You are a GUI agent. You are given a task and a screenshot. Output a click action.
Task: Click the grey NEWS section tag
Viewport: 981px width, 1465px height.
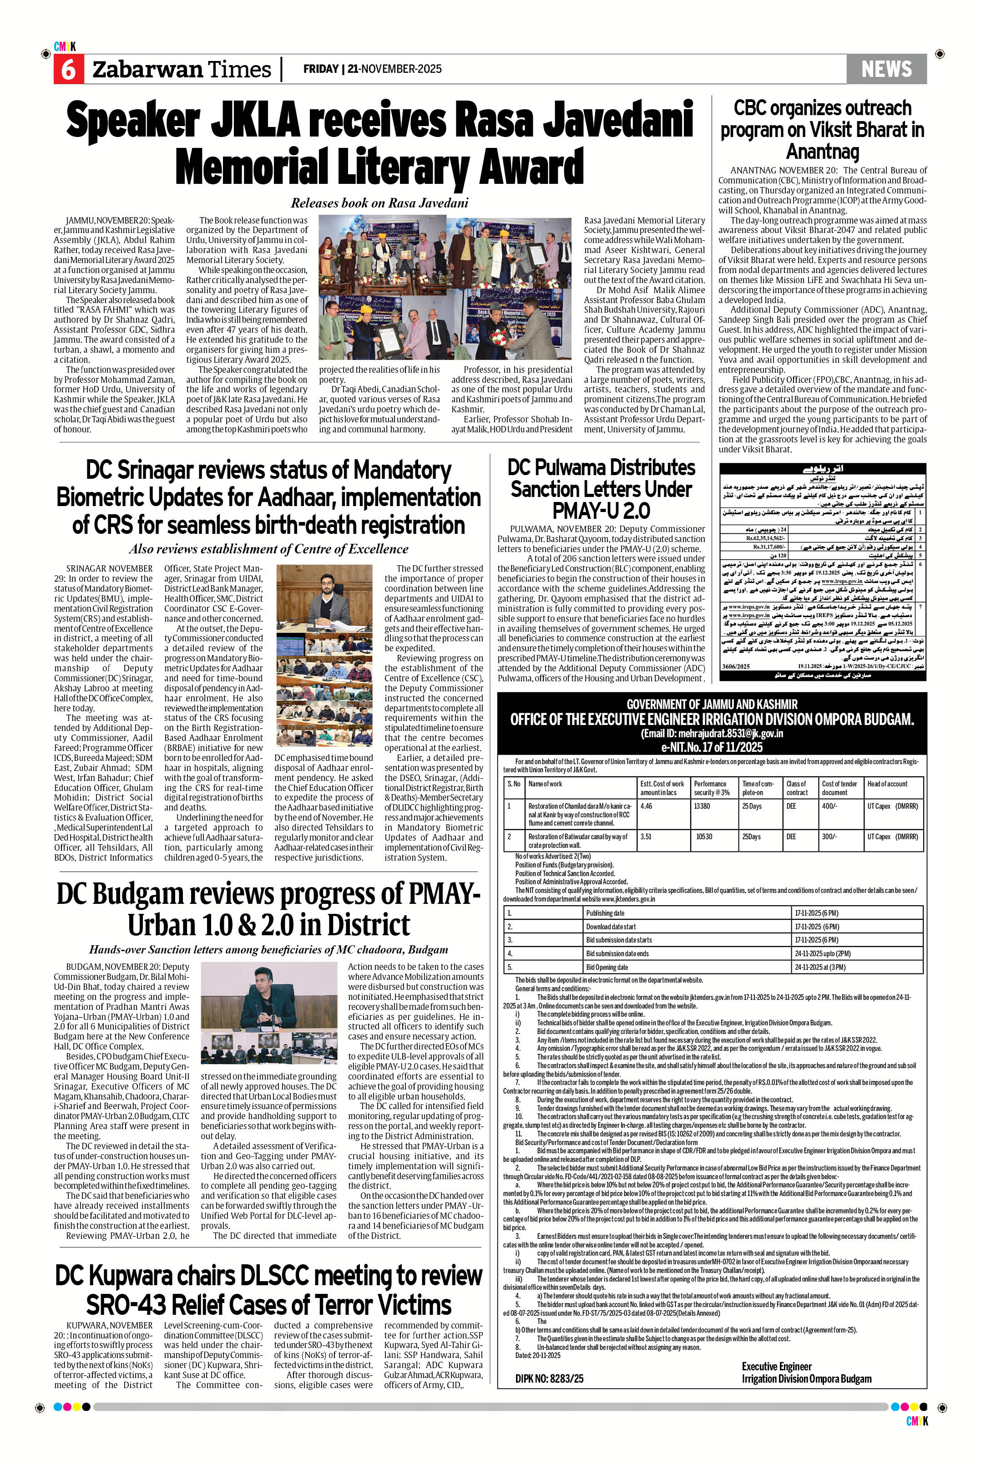pos(886,69)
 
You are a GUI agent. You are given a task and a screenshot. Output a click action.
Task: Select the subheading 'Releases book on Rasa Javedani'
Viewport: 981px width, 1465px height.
pos(379,203)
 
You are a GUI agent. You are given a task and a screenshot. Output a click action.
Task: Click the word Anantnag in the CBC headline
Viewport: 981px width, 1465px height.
pos(822,152)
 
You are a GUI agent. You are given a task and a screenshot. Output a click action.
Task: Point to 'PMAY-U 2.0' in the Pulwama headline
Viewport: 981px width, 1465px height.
pos(600,510)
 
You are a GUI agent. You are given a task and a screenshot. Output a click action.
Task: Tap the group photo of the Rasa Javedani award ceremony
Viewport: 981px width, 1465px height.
pos(445,289)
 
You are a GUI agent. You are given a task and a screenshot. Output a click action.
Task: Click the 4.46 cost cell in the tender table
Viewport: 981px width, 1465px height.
pos(646,806)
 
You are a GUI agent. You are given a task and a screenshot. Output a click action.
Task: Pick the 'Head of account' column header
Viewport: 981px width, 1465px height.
pos(887,784)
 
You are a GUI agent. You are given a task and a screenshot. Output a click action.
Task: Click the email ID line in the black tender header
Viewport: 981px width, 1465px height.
pos(711,734)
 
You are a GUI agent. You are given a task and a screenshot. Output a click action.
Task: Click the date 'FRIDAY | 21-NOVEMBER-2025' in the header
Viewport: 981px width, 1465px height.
pos(372,69)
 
